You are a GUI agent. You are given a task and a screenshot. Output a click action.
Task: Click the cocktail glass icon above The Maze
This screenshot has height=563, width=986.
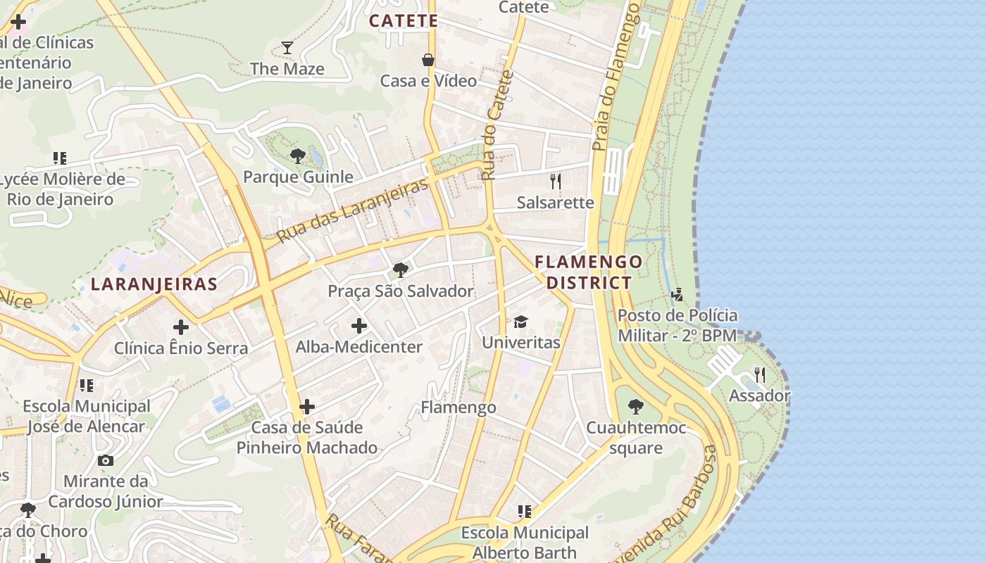click(287, 48)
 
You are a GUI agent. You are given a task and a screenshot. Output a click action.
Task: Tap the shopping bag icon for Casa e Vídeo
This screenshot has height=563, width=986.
click(428, 60)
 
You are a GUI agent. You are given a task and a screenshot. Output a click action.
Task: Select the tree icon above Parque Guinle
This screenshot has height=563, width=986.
click(298, 156)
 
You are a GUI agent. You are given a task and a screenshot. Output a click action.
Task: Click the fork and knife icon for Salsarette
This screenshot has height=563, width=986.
click(556, 182)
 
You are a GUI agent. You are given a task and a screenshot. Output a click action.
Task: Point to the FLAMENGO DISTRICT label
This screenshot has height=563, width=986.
click(589, 272)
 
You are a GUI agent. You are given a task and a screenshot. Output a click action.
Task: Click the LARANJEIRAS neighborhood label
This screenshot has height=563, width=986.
click(154, 284)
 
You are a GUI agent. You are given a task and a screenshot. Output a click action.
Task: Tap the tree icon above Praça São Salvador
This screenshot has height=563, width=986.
click(401, 270)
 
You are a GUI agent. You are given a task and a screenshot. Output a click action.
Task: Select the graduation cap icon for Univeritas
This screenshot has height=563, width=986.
click(520, 322)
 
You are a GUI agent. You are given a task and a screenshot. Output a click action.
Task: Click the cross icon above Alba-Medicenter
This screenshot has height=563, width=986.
click(359, 326)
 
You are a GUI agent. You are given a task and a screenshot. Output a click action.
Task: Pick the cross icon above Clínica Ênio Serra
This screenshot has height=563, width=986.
click(181, 327)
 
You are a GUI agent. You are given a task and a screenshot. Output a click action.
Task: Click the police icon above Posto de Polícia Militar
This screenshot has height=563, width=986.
click(678, 294)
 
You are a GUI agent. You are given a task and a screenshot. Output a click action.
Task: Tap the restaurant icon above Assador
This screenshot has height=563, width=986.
click(759, 374)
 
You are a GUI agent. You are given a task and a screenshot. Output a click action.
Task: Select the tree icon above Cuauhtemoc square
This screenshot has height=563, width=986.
click(635, 406)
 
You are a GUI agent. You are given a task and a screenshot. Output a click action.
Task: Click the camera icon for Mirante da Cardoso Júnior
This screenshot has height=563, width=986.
click(106, 460)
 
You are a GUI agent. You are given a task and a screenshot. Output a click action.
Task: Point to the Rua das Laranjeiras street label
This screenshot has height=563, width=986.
click(353, 211)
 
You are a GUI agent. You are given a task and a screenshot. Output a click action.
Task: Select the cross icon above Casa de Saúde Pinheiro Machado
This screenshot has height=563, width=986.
click(307, 407)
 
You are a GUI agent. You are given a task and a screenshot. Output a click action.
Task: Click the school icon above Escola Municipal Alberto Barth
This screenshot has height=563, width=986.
click(524, 512)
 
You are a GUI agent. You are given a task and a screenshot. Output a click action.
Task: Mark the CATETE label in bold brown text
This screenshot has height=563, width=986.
click(404, 20)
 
